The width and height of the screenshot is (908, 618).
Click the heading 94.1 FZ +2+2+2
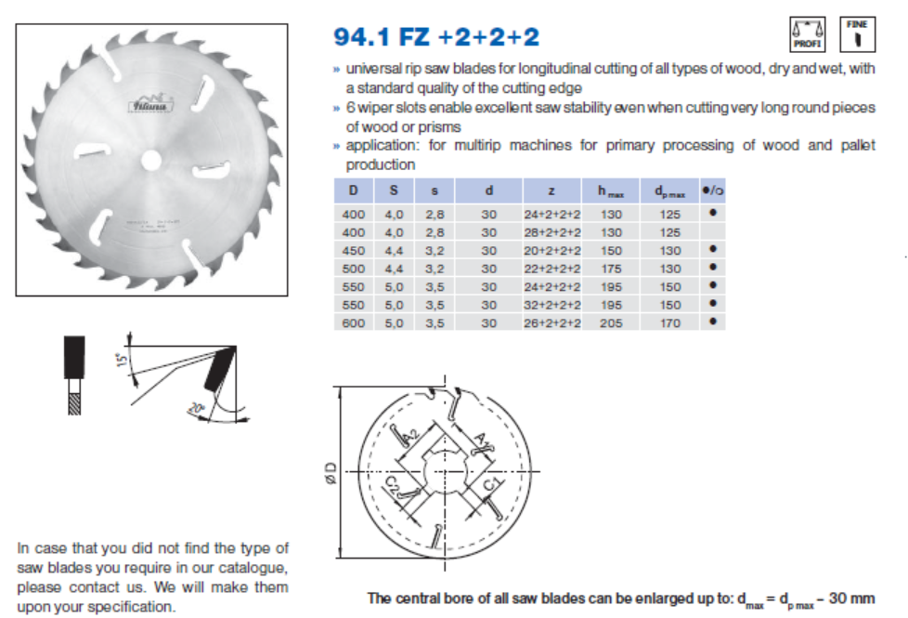(x=435, y=37)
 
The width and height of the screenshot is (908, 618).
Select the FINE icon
(x=857, y=33)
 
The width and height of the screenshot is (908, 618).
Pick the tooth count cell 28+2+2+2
(x=551, y=232)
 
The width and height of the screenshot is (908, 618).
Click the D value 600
(x=353, y=322)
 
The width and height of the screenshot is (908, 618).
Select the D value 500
(x=353, y=269)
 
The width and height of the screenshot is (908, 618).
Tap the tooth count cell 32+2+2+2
(x=551, y=305)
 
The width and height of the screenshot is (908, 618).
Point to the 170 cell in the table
(x=669, y=322)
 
